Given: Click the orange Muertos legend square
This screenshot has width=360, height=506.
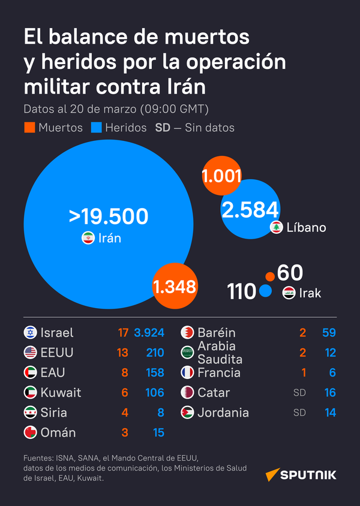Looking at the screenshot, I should [x=29, y=128].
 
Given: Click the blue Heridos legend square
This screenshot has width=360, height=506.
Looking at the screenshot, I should [x=96, y=128].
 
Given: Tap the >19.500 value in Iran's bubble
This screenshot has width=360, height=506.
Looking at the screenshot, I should [x=109, y=216].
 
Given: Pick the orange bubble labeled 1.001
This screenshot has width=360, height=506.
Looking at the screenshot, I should [x=221, y=176].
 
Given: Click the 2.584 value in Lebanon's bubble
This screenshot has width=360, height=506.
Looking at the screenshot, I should [x=250, y=210].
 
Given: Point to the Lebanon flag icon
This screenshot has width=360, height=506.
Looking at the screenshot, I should [x=277, y=228].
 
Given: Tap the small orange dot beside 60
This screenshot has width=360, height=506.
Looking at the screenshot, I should [x=270, y=276].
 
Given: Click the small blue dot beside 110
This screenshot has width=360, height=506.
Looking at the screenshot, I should [x=266, y=292].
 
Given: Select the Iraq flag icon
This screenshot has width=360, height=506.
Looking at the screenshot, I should [x=289, y=293].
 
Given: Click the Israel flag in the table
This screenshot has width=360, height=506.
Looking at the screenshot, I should [x=30, y=333].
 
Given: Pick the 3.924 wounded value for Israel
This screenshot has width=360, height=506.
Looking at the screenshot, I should [x=149, y=333].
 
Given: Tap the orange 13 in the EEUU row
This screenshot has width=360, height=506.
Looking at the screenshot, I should [x=123, y=353].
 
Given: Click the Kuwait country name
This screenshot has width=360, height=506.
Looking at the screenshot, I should [x=61, y=393].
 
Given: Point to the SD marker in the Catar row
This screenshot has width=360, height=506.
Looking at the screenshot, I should [x=299, y=393].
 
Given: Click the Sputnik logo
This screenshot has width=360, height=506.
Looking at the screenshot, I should [x=301, y=475].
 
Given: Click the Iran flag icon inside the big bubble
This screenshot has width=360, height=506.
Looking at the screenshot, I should [x=88, y=238].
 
